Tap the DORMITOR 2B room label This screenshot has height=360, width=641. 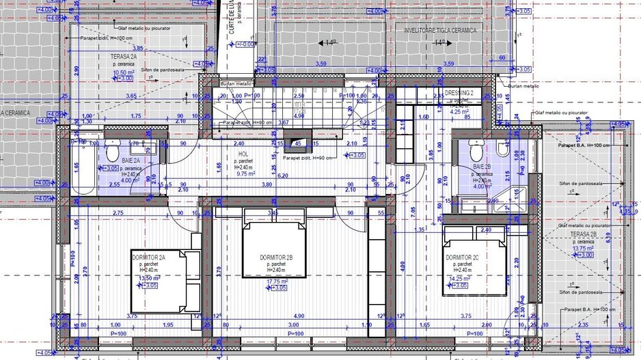point(276,257)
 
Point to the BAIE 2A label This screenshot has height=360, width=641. point(131,160)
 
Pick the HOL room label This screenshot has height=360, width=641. point(243,154)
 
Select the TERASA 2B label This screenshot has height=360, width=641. point(584,234)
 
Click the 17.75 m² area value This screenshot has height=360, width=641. point(276,281)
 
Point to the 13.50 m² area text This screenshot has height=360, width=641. point(149,279)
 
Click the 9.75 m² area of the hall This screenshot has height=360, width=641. point(245,174)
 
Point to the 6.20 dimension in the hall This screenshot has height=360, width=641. point(283,176)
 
